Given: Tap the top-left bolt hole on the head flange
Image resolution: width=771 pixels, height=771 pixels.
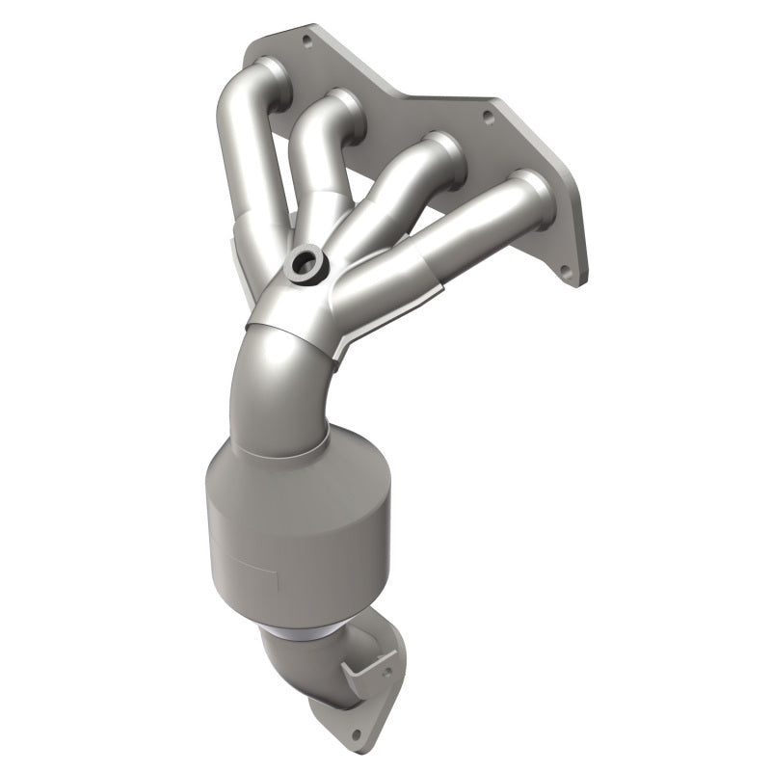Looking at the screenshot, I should point(307,41).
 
